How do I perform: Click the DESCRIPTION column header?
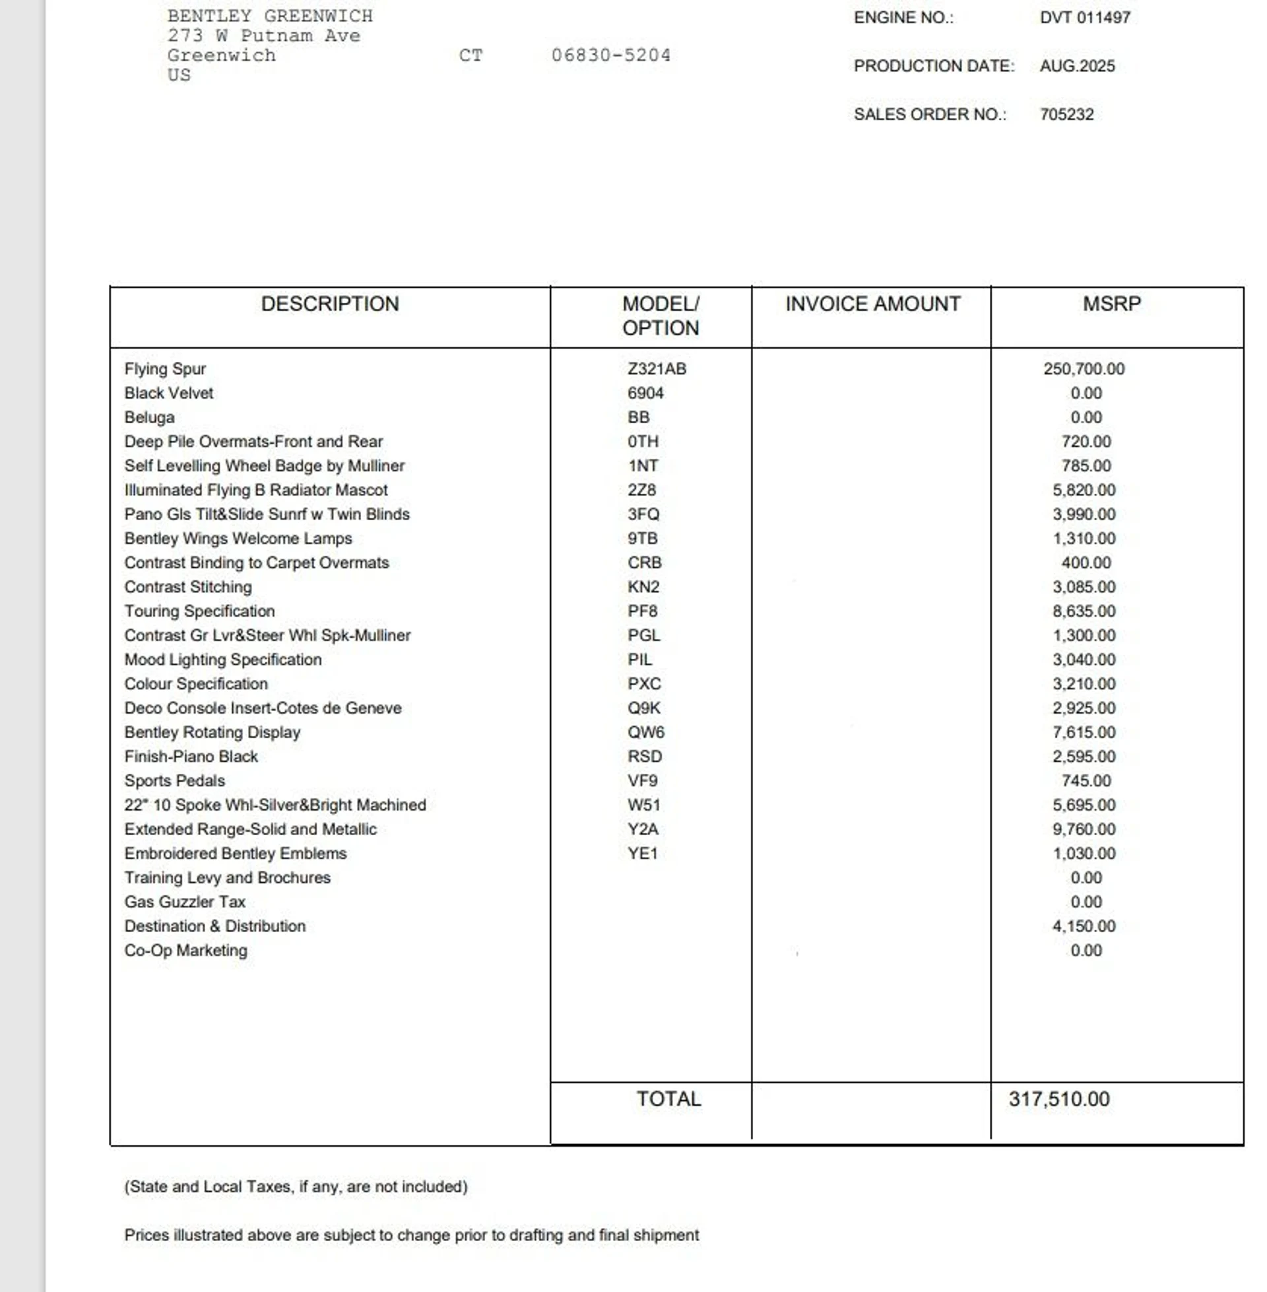pyautogui.click(x=329, y=304)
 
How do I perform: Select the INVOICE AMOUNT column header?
pyautogui.click(x=872, y=304)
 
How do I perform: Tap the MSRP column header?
pyautogui.click(x=1111, y=304)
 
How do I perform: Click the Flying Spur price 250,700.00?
pyautogui.click(x=1084, y=369)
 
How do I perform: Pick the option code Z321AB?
pyautogui.click(x=656, y=369)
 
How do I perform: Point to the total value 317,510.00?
pyautogui.click(x=1058, y=1099)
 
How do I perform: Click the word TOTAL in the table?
pyautogui.click(x=668, y=1099)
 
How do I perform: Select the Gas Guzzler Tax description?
pyautogui.click(x=185, y=902)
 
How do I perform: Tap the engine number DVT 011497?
pyautogui.click(x=1085, y=17)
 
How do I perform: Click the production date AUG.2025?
pyautogui.click(x=1077, y=66)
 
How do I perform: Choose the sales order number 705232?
pyautogui.click(x=1066, y=114)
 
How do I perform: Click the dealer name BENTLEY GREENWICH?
pyautogui.click(x=269, y=16)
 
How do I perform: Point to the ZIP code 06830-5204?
pyautogui.click(x=610, y=55)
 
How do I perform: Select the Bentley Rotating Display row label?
pyautogui.click(x=212, y=732)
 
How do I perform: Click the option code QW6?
pyautogui.click(x=645, y=732)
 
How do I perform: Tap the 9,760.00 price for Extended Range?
pyautogui.click(x=1084, y=829)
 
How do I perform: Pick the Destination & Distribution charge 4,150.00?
pyautogui.click(x=1084, y=926)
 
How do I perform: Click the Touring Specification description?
pyautogui.click(x=200, y=611)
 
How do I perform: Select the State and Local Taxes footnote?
pyautogui.click(x=296, y=1187)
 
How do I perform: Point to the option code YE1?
pyautogui.click(x=642, y=854)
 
